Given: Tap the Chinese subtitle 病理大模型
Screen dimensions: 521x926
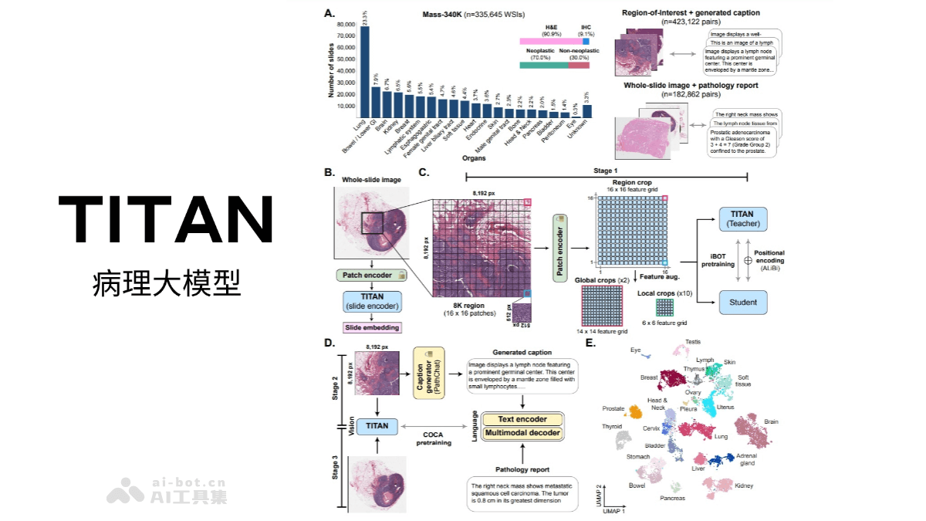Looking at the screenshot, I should pyautogui.click(x=166, y=283).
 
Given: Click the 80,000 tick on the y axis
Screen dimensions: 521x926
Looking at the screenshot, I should pyautogui.click(x=345, y=25).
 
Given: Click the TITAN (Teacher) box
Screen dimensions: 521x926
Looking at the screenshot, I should pyautogui.click(x=743, y=218).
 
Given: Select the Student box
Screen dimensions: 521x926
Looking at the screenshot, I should pyautogui.click(x=743, y=302).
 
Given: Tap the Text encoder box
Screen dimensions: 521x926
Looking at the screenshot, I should pyautogui.click(x=523, y=419).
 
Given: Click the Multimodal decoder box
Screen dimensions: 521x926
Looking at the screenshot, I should pyautogui.click(x=523, y=433).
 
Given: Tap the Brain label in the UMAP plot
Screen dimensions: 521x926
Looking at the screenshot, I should pyautogui.click(x=770, y=422).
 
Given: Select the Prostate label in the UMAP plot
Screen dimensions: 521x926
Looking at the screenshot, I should pyautogui.click(x=614, y=408).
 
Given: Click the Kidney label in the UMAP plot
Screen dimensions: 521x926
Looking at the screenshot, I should pyautogui.click(x=744, y=486).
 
